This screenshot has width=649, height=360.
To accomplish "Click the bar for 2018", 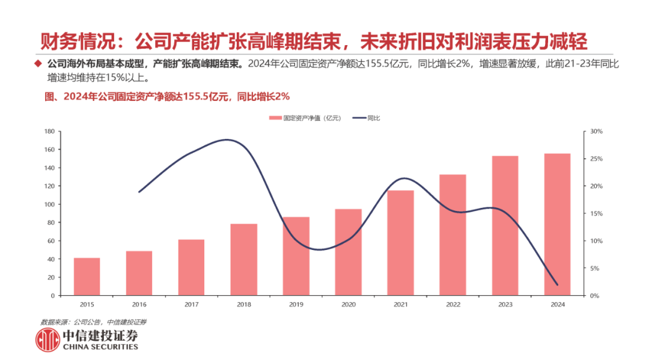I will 244,260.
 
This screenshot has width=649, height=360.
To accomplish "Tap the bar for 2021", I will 401,243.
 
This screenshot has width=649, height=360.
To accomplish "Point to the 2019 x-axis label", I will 296,305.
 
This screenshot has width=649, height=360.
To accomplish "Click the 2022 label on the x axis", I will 453,305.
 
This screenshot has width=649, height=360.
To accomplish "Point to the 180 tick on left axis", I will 50,131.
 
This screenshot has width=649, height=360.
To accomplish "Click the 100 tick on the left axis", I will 50,204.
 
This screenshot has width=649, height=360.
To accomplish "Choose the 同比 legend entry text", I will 373,118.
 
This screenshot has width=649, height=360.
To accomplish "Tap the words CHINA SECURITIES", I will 100,347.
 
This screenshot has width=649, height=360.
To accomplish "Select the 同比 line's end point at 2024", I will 558,284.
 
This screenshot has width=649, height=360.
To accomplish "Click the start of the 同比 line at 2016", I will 139,192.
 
